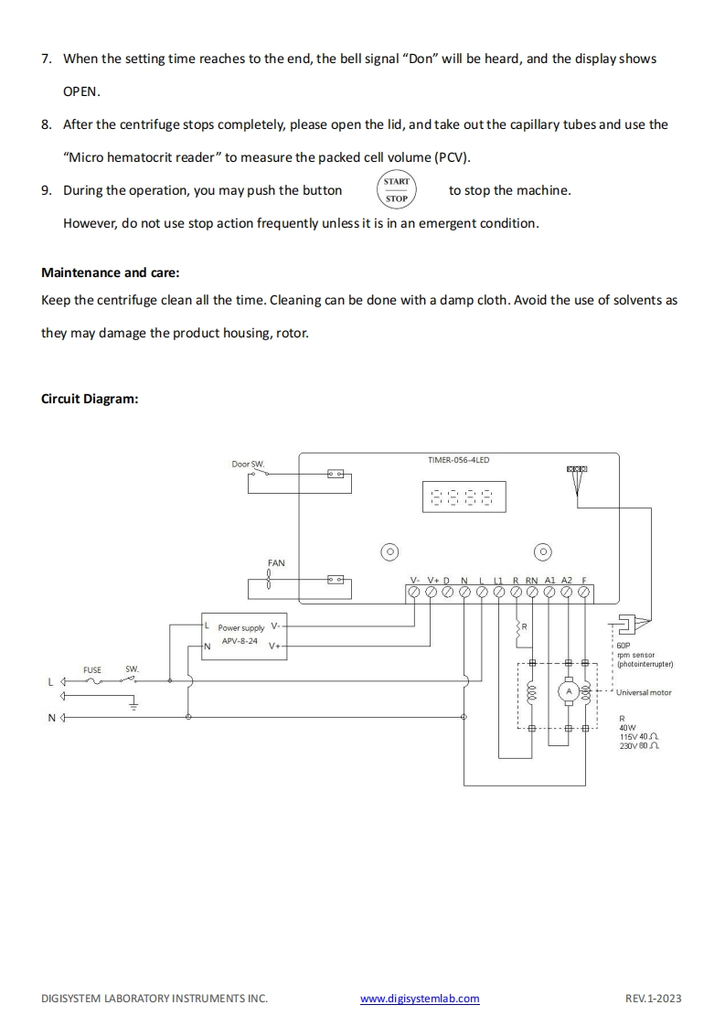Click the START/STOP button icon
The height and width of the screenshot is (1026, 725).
397,190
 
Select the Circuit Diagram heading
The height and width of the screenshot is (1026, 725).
90,399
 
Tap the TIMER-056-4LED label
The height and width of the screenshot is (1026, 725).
458,460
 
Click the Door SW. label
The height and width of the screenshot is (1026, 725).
247,465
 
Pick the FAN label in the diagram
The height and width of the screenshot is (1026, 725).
276,563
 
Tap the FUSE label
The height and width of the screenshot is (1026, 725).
92,670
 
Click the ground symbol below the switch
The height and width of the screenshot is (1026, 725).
133,704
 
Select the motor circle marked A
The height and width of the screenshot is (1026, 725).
568,692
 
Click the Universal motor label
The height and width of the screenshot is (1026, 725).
644,692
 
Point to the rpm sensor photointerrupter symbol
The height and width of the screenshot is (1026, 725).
630,625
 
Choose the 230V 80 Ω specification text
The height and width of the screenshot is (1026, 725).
640,746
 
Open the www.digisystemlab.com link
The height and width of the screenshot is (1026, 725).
420,999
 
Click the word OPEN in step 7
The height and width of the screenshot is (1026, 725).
81,92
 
